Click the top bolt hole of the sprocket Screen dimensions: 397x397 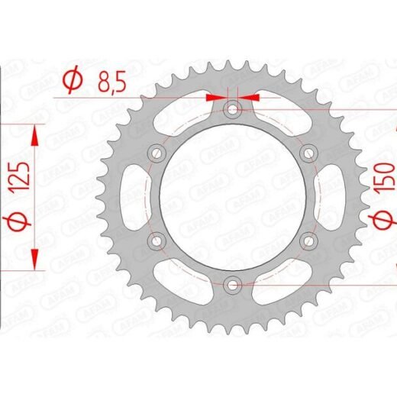[x=231, y=110]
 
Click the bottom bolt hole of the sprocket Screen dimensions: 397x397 [x=231, y=285]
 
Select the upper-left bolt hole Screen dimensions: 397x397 [x=157, y=153]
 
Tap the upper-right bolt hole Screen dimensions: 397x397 [x=308, y=153]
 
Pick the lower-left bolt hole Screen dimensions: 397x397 [x=157, y=240]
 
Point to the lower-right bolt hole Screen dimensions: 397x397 [x=308, y=240]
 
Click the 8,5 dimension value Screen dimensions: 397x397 [x=112, y=81]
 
